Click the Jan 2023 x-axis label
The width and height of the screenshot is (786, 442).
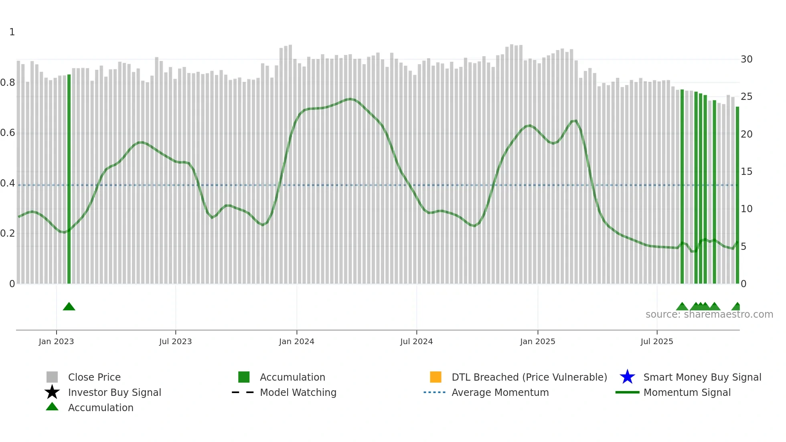click(x=56, y=341)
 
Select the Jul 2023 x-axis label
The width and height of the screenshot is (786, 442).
click(x=175, y=341)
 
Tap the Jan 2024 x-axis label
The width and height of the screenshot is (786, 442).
click(x=296, y=341)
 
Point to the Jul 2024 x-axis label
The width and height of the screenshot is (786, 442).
click(x=416, y=341)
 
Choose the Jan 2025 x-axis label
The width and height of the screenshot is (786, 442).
click(x=537, y=341)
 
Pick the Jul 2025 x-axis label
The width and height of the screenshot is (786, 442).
click(x=656, y=341)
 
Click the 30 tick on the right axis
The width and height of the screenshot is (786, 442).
click(x=746, y=59)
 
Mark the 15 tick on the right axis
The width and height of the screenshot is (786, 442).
click(x=746, y=172)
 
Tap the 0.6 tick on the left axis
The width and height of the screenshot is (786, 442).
click(x=8, y=133)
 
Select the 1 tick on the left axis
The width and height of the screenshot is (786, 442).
click(x=12, y=32)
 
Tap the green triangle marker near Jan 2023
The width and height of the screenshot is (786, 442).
click(x=69, y=307)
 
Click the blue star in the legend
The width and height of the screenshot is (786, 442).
click(x=627, y=377)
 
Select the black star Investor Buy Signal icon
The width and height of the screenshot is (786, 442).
click(x=52, y=392)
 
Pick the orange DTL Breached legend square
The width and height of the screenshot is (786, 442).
click(x=436, y=377)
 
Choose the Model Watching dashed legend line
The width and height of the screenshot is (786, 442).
click(x=243, y=392)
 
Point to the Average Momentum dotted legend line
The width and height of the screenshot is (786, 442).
click(x=434, y=392)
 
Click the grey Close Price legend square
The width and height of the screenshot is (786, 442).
click(x=52, y=377)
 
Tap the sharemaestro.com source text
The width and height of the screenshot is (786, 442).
click(x=709, y=314)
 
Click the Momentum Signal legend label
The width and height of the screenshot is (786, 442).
click(x=687, y=392)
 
